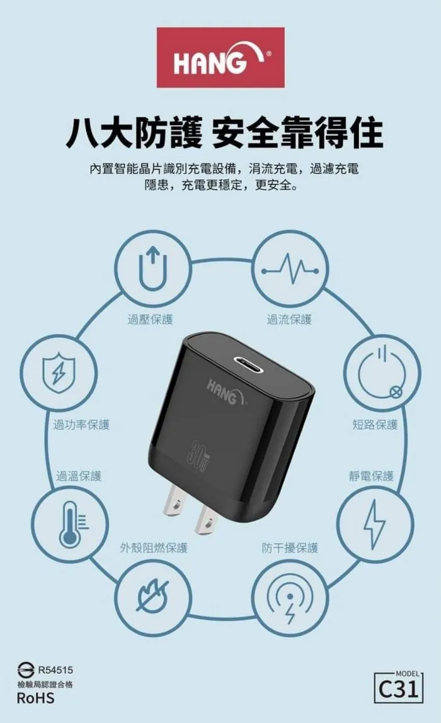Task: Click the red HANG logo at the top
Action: (x=220, y=57)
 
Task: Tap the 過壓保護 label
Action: (x=150, y=320)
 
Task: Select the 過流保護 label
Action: (x=289, y=320)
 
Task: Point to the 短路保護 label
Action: (x=375, y=425)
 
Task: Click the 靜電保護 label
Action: (x=371, y=476)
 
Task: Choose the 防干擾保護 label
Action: (x=290, y=548)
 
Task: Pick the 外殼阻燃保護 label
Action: (x=154, y=548)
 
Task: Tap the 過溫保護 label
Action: (x=79, y=476)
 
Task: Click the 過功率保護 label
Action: (x=81, y=425)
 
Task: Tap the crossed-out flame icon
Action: (x=154, y=595)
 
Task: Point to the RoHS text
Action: (x=35, y=698)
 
